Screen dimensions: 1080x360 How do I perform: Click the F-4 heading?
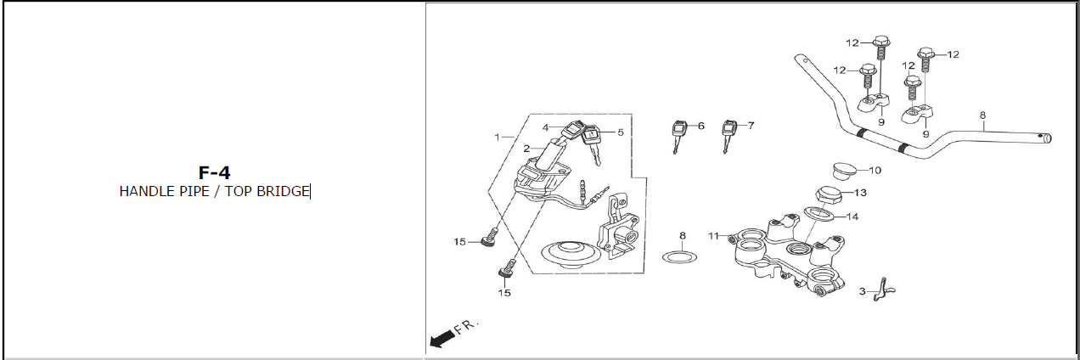point(214,172)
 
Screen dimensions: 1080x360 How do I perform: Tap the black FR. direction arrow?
point(442,338)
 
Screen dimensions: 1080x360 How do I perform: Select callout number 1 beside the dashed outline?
point(497,138)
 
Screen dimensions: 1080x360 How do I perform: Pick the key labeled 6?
point(678,135)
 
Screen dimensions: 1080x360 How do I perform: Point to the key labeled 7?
point(728,135)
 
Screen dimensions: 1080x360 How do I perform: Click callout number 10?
point(875,170)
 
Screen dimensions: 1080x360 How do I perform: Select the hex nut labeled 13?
point(828,195)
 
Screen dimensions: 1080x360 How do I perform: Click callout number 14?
point(852,217)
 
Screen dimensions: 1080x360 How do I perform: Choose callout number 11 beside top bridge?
point(713,236)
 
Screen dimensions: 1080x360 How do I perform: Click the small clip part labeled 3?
point(884,290)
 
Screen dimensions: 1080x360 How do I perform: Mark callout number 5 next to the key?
point(621,132)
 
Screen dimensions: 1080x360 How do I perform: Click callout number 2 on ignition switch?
point(526,149)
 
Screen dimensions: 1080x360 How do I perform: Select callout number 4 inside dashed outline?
point(545,127)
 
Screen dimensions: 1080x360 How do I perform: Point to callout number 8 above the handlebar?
point(982,115)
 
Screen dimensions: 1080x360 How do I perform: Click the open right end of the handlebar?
point(1047,138)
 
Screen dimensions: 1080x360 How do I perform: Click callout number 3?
point(862,291)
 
